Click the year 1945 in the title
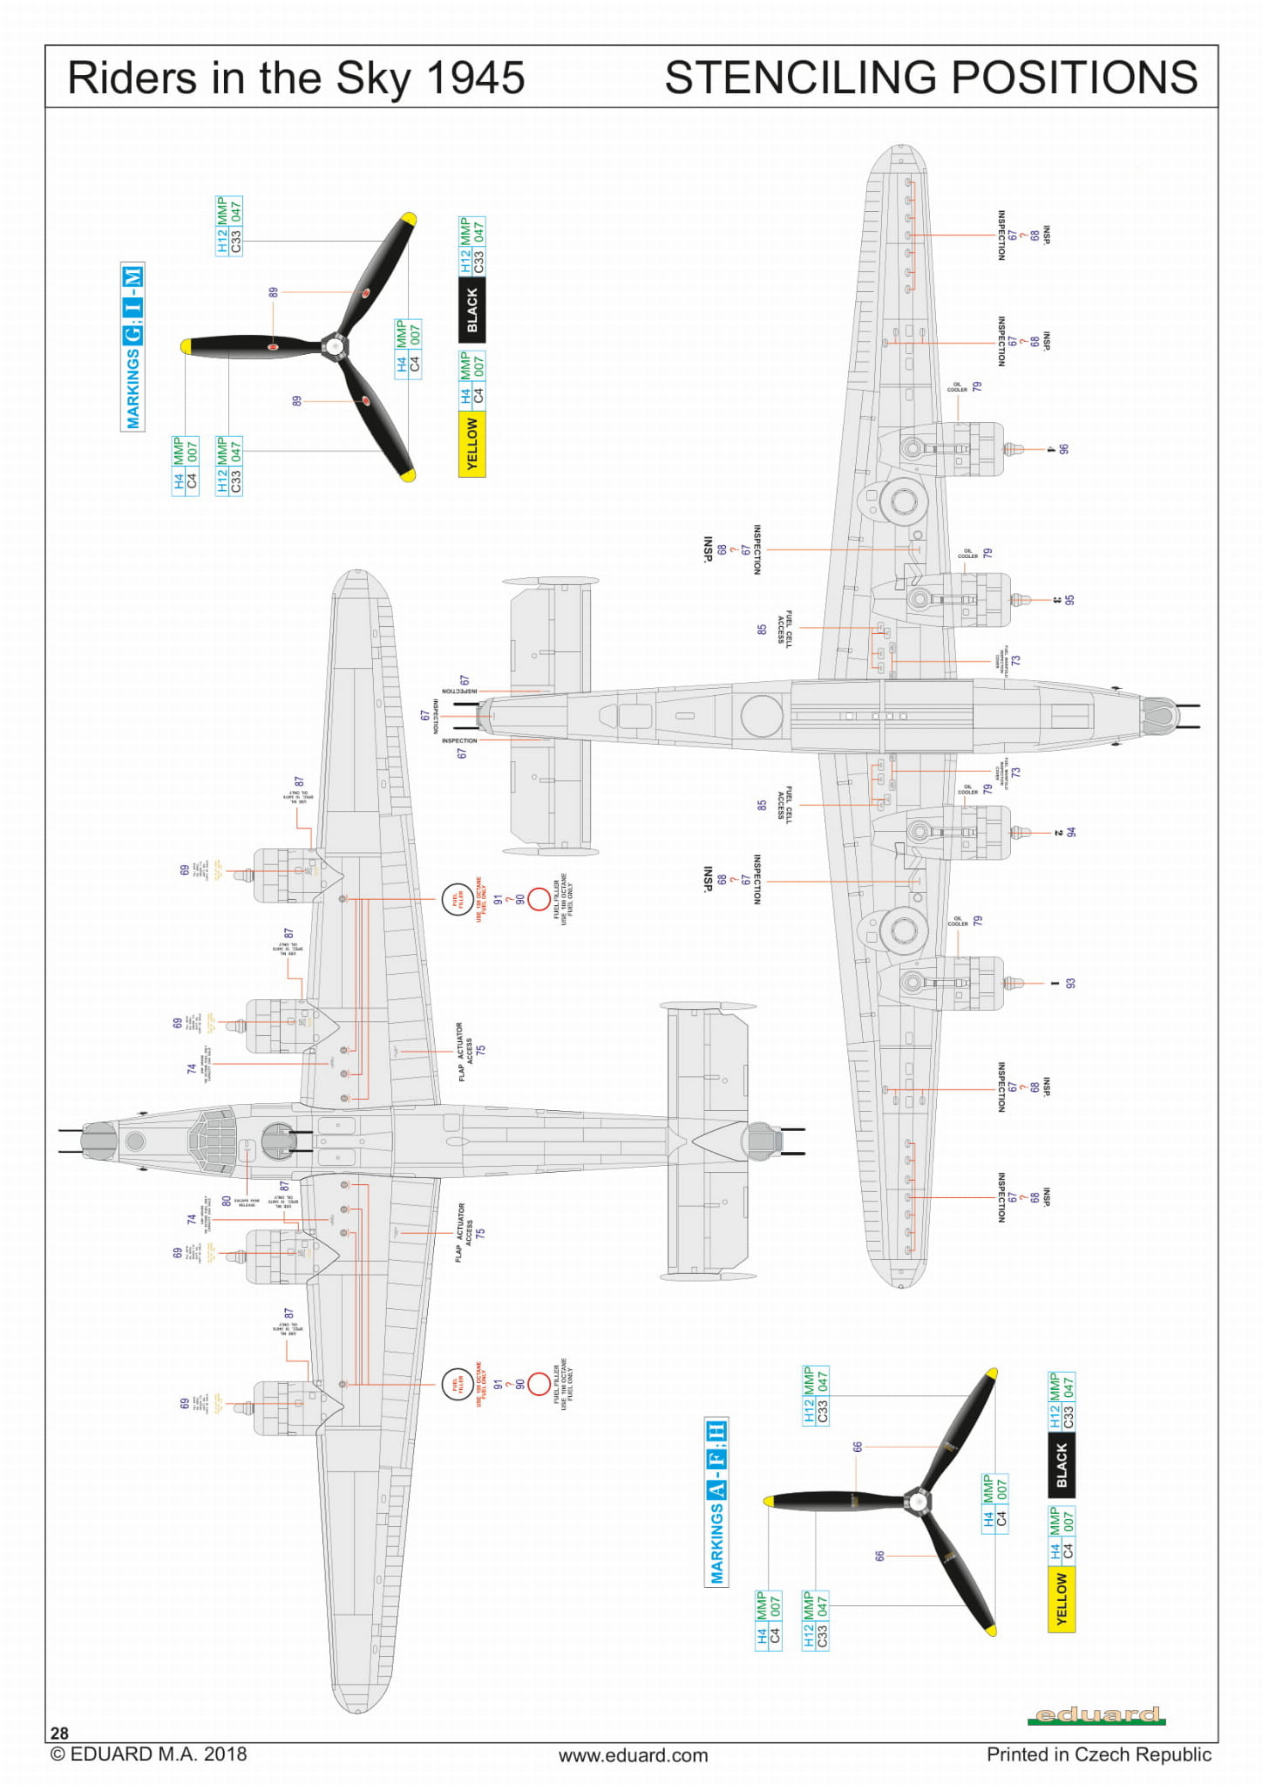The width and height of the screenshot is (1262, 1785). pyautogui.click(x=475, y=78)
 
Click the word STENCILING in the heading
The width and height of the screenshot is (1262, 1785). pyautogui.click(x=802, y=78)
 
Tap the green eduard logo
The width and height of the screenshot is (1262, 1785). pyautogui.click(x=1096, y=1715)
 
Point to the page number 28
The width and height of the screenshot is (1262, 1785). pyautogui.click(x=59, y=1733)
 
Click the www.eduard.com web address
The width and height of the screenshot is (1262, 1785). pyautogui.click(x=633, y=1754)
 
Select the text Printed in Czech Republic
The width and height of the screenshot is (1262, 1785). pyautogui.click(x=1098, y=1754)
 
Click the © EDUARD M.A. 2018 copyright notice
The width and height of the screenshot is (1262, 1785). pyautogui.click(x=148, y=1754)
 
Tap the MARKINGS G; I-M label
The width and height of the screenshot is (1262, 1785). pyautogui.click(x=132, y=347)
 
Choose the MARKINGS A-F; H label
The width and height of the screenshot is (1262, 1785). pyautogui.click(x=716, y=1502)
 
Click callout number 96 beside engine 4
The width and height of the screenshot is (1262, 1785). pyautogui.click(x=1063, y=449)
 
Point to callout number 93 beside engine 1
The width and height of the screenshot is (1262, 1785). pyautogui.click(x=1070, y=983)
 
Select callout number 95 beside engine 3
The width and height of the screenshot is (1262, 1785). pyautogui.click(x=1069, y=600)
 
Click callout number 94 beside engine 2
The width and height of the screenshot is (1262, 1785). pyautogui.click(x=1071, y=832)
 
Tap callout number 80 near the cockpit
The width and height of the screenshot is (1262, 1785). pyautogui.click(x=227, y=1201)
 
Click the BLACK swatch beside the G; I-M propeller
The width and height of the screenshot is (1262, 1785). pyautogui.click(x=472, y=310)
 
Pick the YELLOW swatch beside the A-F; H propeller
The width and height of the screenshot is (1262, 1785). pyautogui.click(x=1061, y=1598)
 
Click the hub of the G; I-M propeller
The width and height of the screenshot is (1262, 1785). pyautogui.click(x=335, y=346)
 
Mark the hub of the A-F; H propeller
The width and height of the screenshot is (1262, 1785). pyautogui.click(x=917, y=1501)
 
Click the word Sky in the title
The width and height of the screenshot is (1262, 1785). pyautogui.click(x=374, y=78)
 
